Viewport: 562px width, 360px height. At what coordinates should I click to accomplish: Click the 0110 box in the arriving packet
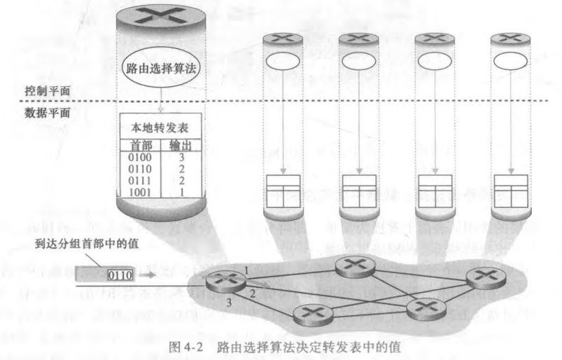pos(120,275)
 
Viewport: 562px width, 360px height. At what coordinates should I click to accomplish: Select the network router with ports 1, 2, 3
pos(227,282)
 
